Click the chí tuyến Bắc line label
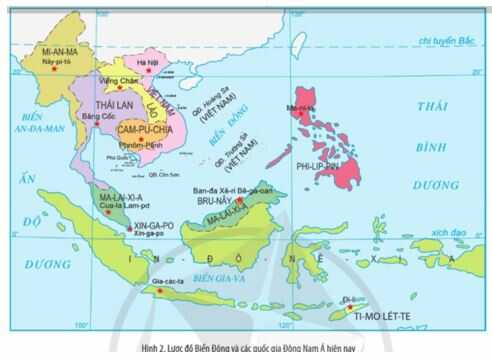pyautogui.click(x=444, y=40)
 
